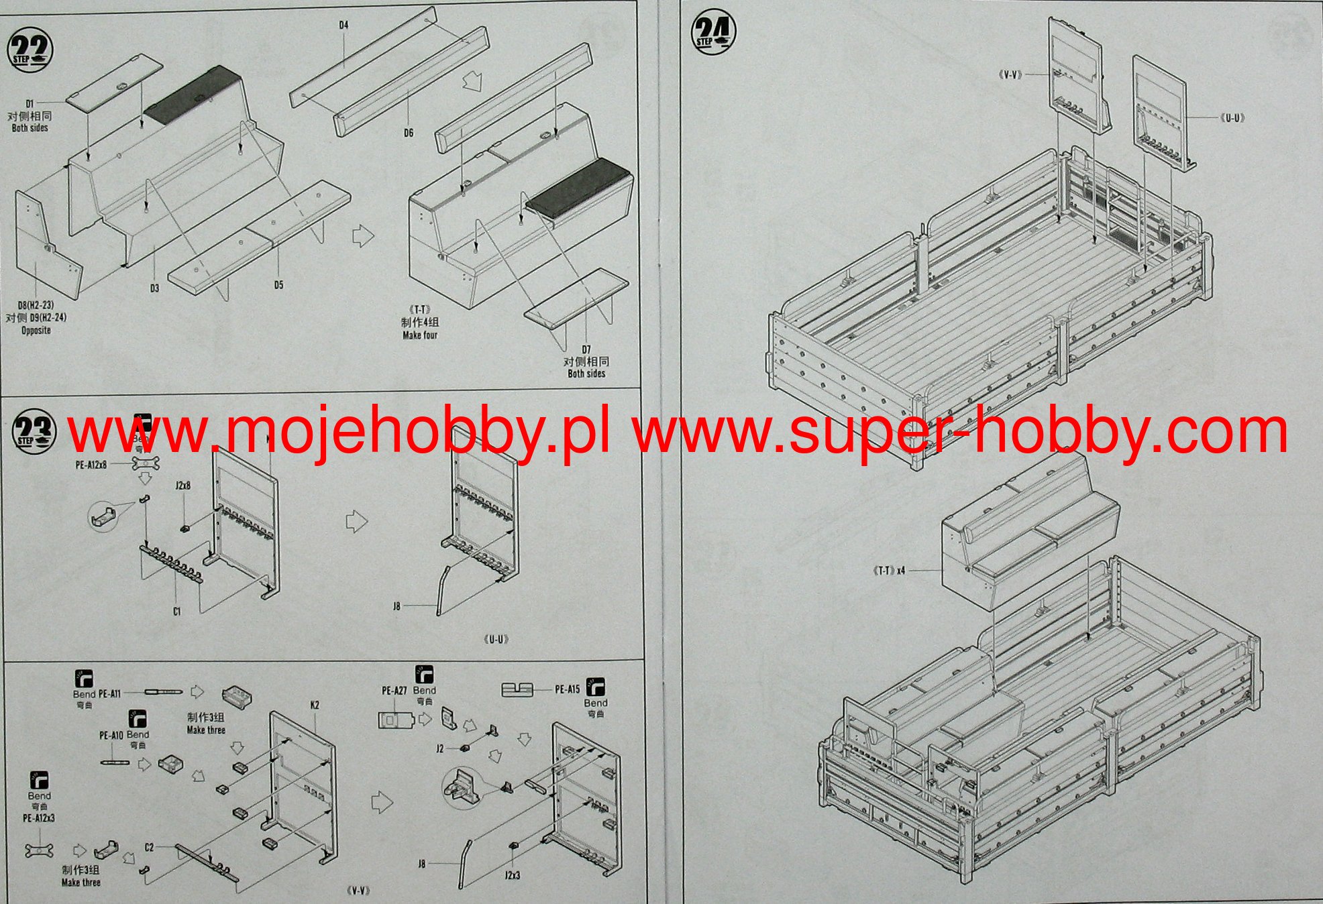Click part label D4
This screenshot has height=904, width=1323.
[343, 25]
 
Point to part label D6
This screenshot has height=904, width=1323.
[409, 133]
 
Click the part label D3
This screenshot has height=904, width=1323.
[154, 288]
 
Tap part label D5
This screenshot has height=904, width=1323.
[278, 285]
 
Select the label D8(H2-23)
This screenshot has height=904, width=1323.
[36, 305]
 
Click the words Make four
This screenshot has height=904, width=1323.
[420, 335]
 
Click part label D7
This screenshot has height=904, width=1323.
[586, 349]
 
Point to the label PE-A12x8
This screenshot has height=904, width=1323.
[91, 464]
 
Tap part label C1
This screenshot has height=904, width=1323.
[176, 611]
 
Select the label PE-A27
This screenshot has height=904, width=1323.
[394, 690]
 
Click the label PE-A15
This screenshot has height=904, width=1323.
[568, 689]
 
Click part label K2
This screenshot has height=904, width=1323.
[315, 705]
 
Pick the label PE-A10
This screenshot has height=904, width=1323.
[111, 735]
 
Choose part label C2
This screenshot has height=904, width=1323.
[149, 847]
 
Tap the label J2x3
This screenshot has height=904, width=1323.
[512, 875]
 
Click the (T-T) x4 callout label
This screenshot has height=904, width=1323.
[889, 571]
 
